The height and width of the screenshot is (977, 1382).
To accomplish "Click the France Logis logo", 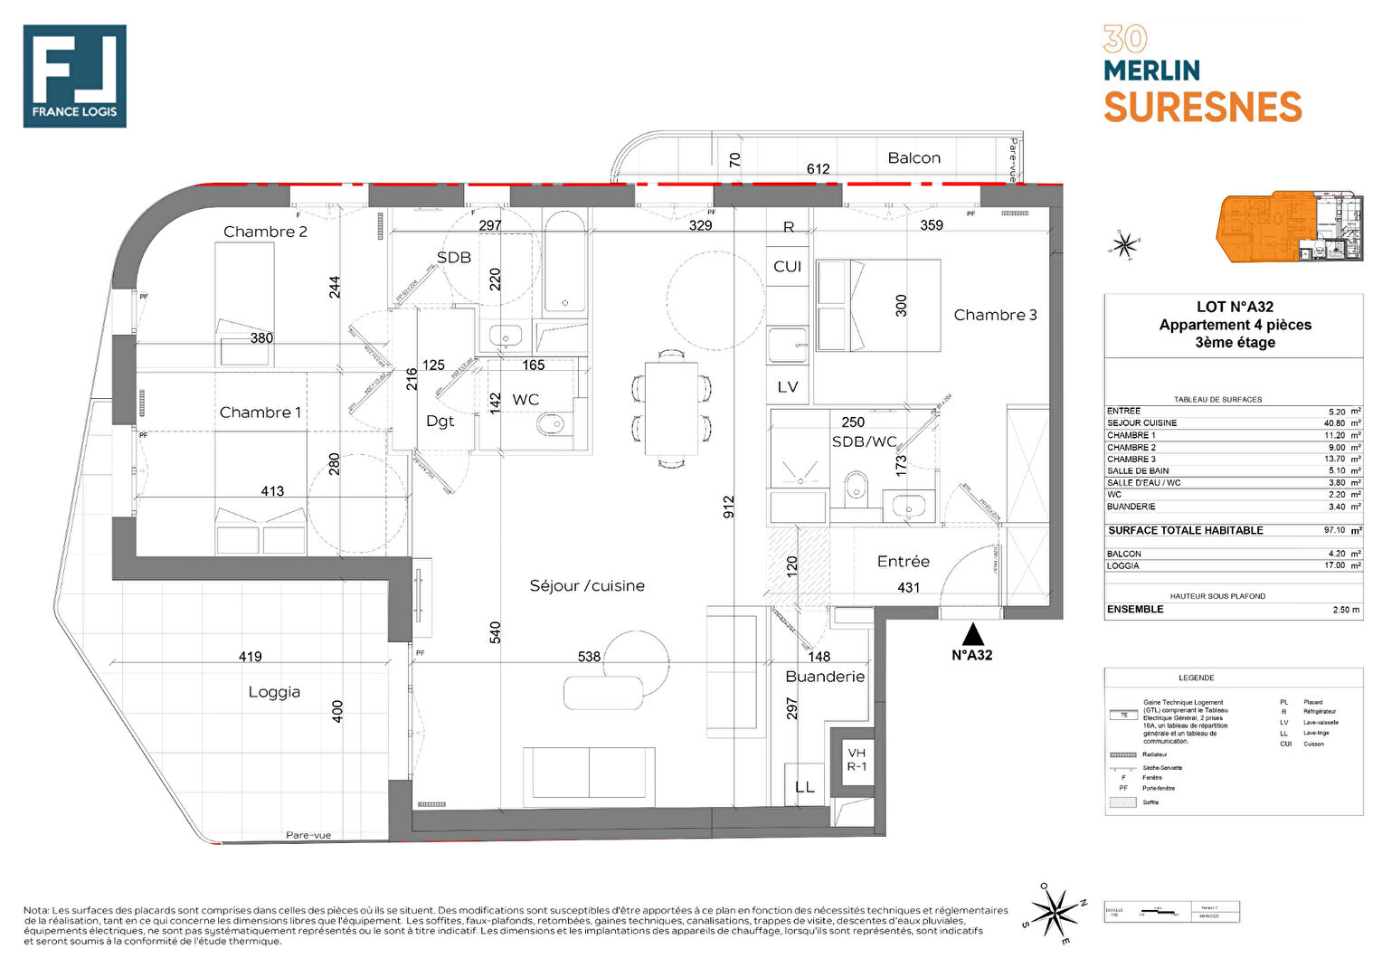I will click(x=74, y=76).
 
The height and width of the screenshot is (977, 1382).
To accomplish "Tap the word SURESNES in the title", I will click(x=1202, y=108).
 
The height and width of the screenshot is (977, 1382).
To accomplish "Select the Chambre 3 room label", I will click(x=995, y=315).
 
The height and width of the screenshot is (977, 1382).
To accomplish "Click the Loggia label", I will click(x=274, y=692).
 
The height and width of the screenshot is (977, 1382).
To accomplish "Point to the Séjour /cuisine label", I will click(x=587, y=586).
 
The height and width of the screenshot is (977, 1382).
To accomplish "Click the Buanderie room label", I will click(x=825, y=677).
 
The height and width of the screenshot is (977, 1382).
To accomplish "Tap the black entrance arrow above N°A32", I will click(x=972, y=633).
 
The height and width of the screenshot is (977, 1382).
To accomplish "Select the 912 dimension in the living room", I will click(x=729, y=507).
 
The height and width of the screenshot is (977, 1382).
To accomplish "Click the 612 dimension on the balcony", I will click(x=818, y=169).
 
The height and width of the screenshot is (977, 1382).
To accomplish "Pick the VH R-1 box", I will click(x=856, y=760).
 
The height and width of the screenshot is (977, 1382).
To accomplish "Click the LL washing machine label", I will click(x=804, y=787).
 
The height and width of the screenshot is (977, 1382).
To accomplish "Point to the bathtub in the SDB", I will click(x=565, y=262).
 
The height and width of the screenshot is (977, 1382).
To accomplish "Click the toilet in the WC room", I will click(x=550, y=423).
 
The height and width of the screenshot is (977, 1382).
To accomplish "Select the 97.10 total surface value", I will click(x=1334, y=530).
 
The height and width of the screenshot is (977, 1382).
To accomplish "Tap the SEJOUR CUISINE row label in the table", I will click(x=1141, y=422).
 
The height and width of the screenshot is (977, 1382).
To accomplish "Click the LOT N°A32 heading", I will click(x=1235, y=307).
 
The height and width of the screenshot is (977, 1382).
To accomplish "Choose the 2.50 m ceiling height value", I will click(x=1346, y=610).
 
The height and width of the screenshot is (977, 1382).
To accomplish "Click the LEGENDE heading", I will click(x=1196, y=678).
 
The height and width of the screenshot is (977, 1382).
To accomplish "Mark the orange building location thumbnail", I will click(x=1289, y=227).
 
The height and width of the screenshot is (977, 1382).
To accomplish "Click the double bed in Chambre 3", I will click(x=878, y=306).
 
